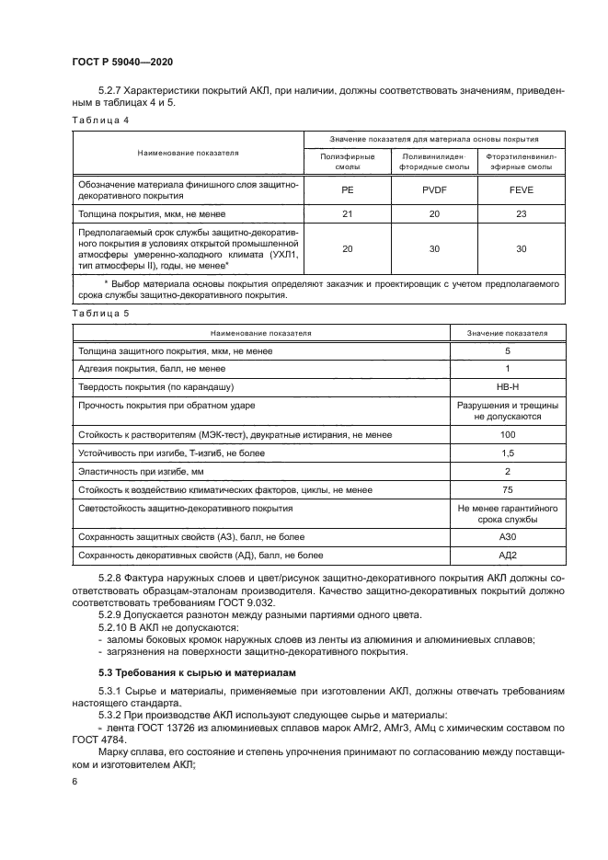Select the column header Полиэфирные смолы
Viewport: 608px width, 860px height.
(x=347, y=164)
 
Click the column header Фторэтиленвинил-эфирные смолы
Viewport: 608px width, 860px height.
(x=521, y=164)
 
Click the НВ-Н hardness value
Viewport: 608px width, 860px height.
(x=507, y=386)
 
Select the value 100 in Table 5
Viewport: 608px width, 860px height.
(x=507, y=434)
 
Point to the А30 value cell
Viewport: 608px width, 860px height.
(x=507, y=537)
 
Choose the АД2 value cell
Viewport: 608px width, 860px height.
(x=507, y=556)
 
